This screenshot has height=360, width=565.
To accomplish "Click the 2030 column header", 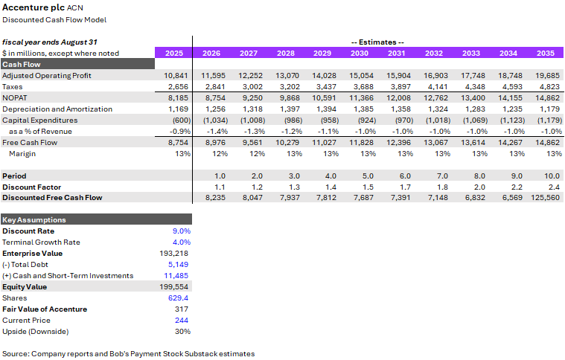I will [x=360, y=53].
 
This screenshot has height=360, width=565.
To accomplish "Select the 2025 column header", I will [x=174, y=53].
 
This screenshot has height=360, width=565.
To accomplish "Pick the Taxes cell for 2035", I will [x=549, y=86].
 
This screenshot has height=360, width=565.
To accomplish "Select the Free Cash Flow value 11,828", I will [x=362, y=142].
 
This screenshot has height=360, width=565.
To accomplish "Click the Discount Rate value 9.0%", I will [x=182, y=231].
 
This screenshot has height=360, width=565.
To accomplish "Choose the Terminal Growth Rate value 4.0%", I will [x=182, y=242].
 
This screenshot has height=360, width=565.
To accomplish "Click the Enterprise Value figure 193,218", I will [x=177, y=254].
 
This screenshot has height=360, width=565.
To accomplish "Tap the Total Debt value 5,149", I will [x=179, y=264].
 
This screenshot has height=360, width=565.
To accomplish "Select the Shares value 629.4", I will [x=179, y=298].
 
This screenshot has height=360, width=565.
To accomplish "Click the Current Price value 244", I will [x=183, y=320].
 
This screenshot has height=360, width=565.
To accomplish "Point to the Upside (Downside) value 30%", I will [x=182, y=331].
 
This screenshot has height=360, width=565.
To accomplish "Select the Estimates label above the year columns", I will [x=377, y=42].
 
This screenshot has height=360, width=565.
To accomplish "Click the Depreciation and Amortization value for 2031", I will [x=398, y=109].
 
